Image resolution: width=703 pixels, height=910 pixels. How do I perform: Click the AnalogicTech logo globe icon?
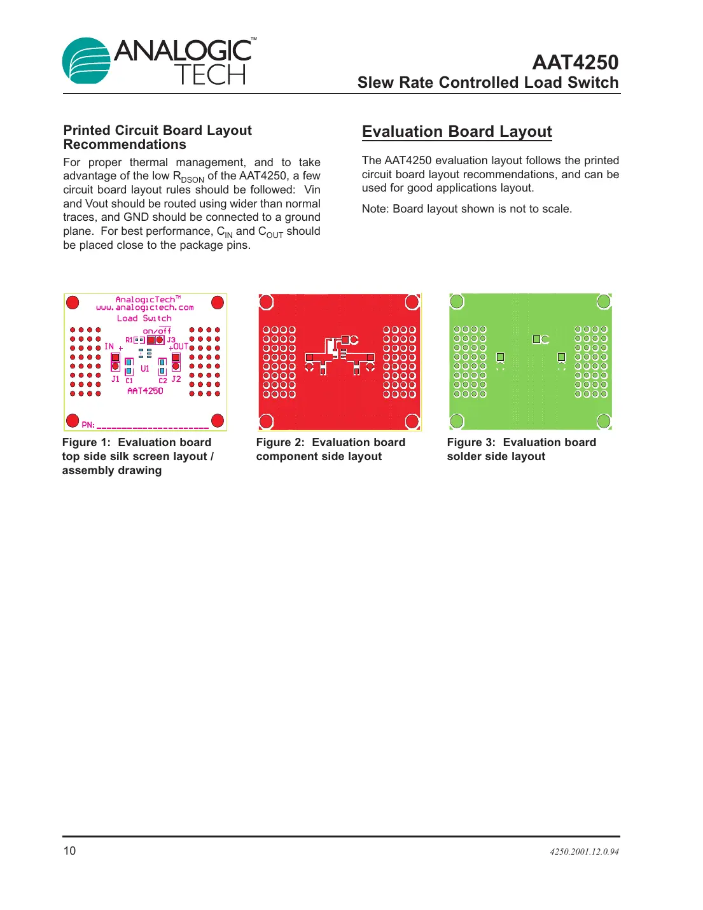(x=87, y=61)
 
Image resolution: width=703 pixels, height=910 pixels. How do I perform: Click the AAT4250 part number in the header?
(x=574, y=62)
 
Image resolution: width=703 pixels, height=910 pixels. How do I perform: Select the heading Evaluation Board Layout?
(x=457, y=132)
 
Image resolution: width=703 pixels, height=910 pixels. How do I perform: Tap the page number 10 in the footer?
(x=69, y=851)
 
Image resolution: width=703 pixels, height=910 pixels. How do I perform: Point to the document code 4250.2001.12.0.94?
(x=584, y=851)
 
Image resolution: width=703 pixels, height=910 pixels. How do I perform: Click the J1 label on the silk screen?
(x=115, y=379)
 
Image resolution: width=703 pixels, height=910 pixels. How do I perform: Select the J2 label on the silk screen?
(x=176, y=379)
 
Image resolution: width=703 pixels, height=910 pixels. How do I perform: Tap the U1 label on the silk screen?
(x=145, y=368)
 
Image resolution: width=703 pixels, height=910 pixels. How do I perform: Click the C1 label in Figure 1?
(x=129, y=381)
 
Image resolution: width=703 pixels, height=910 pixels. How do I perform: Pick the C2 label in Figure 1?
(x=163, y=381)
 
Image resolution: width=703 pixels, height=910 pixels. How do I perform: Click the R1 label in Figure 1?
(x=129, y=340)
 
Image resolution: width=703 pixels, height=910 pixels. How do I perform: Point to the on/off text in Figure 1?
(x=157, y=331)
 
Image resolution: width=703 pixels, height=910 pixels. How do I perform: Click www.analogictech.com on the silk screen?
(x=145, y=308)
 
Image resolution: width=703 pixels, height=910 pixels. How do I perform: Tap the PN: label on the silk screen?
(x=88, y=424)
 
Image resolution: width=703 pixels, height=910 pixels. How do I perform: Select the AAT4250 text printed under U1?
(x=145, y=391)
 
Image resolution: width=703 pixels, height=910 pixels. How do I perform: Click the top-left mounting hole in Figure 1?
(x=73, y=302)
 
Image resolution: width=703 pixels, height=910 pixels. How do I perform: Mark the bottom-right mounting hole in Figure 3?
(x=603, y=421)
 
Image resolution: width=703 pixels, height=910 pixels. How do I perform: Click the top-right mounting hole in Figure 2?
(x=412, y=302)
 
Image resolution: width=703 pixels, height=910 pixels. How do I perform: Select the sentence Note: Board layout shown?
(x=466, y=209)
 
